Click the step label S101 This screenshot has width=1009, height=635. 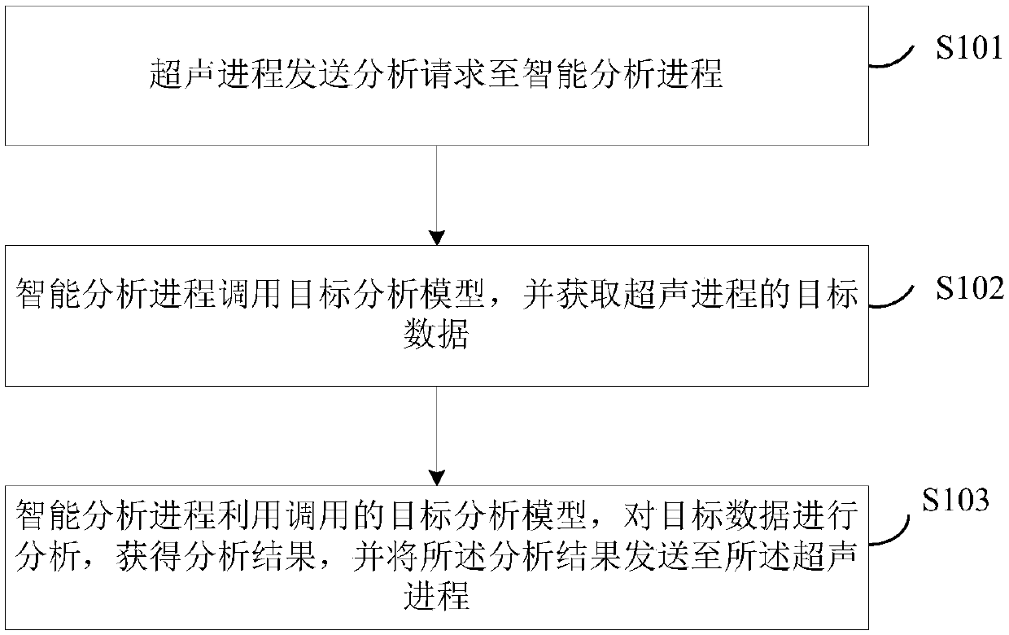point(968,49)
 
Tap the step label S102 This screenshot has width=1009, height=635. point(969,288)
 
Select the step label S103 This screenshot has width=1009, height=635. point(955,500)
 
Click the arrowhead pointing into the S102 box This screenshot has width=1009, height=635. point(438,238)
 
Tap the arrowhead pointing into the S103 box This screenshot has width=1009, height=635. point(438,478)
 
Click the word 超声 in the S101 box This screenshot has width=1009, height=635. point(183,76)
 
